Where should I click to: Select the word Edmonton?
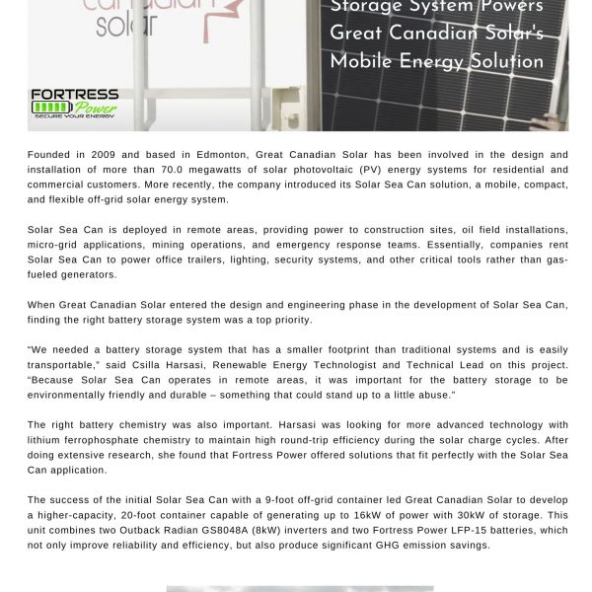(217, 155)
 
